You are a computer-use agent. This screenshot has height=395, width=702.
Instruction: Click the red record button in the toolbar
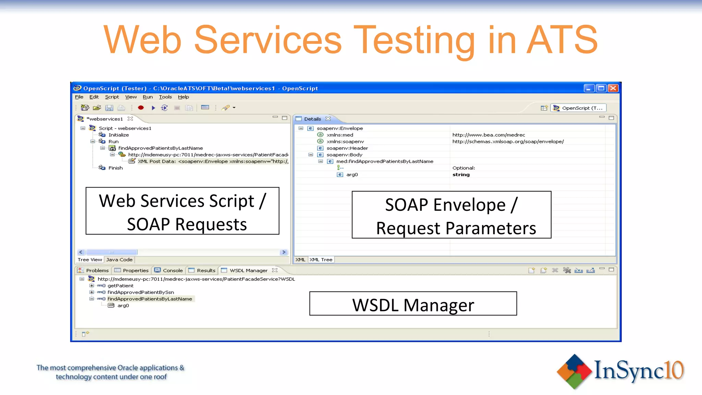coord(141,108)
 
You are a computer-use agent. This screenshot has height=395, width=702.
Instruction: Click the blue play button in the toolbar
coord(153,108)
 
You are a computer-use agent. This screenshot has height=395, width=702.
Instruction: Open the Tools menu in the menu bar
coord(165,97)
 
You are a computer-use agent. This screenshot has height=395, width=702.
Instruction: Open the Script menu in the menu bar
coord(112,97)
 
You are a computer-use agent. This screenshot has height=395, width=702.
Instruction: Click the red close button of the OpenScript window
coord(613,88)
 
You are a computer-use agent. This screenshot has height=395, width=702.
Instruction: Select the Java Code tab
coord(119,260)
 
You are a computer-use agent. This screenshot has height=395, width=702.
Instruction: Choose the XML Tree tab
coord(321,260)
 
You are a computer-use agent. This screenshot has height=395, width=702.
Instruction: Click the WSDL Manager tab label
coord(248,270)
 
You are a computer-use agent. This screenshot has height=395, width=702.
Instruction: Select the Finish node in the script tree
coord(116,168)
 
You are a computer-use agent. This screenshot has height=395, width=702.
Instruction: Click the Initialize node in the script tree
coord(119,135)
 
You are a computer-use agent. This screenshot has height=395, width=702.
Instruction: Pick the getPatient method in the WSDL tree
coord(120,285)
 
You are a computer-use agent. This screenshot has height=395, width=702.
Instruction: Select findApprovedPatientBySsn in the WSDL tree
coord(141,292)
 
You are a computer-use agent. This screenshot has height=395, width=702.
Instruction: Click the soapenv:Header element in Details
coord(347,148)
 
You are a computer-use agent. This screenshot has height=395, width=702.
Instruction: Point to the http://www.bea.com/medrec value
coord(488,135)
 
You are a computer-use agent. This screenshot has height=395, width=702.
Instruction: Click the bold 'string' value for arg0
coord(461,175)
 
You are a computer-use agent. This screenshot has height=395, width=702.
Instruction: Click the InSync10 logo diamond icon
coord(574,372)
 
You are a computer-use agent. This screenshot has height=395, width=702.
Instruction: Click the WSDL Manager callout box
coord(413,304)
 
